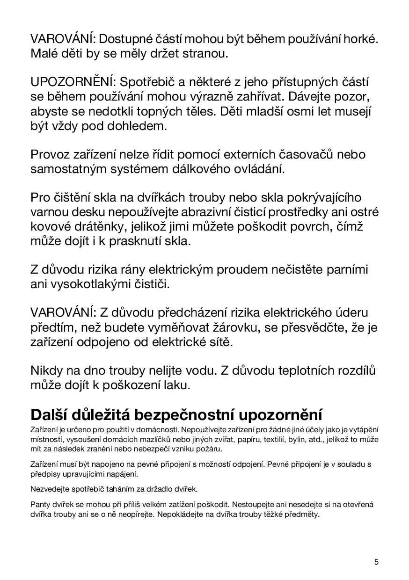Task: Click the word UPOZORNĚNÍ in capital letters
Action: coord(73,82)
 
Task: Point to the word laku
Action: coord(177,385)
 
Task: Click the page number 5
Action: coord(376,562)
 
